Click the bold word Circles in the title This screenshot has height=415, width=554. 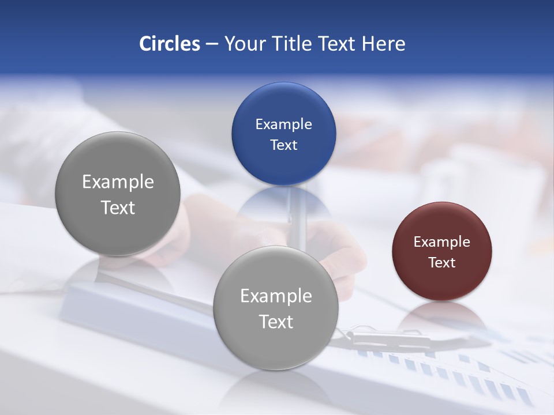170,44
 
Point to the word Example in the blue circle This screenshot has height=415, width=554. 283,124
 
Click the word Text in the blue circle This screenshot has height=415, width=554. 283,145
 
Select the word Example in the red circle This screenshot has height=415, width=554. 441,242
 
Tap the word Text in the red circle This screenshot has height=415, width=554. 441,262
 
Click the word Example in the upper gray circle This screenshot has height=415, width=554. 118,182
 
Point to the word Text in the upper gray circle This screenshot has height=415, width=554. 118,207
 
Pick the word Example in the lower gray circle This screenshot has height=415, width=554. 276,296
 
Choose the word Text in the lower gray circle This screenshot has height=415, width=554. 276,321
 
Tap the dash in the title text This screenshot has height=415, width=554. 212,44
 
